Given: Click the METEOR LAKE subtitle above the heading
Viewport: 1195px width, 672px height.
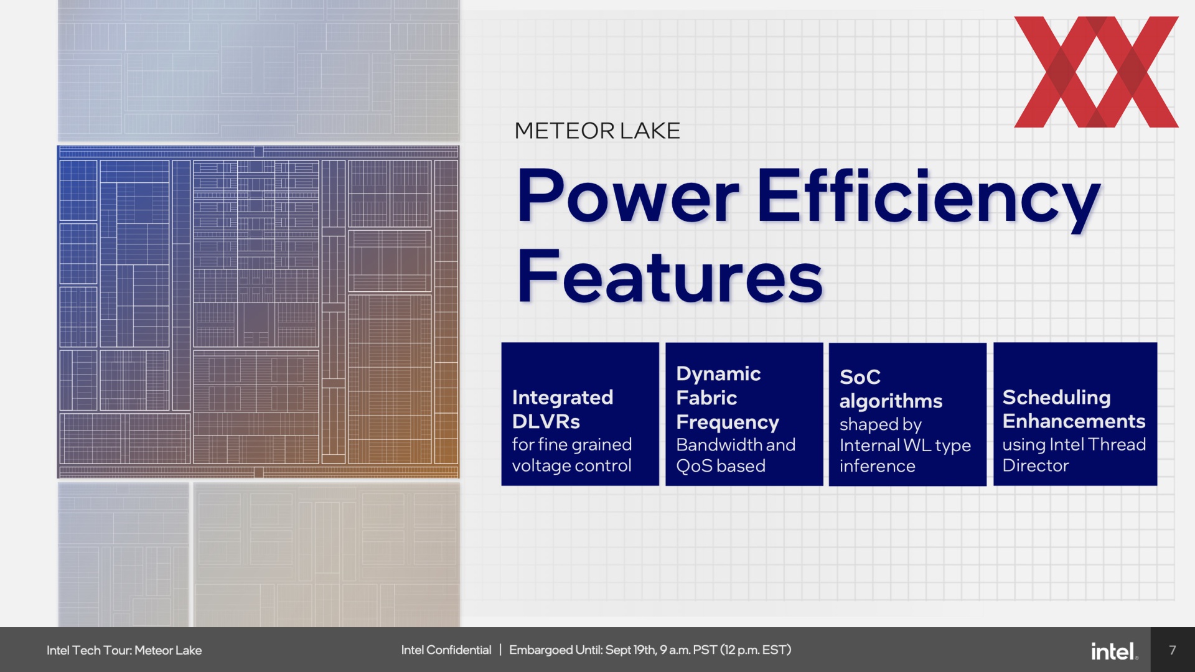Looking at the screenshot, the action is (597, 131).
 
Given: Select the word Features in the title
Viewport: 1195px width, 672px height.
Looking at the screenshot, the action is (670, 276).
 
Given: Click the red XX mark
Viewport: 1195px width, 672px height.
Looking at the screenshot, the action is (1096, 72).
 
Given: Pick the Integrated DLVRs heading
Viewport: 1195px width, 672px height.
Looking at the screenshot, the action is (563, 409).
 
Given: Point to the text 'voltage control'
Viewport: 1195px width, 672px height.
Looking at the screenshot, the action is (571, 465).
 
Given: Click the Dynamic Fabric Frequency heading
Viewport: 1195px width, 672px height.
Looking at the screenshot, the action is (728, 398).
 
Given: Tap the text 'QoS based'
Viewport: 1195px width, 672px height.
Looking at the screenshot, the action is (721, 466).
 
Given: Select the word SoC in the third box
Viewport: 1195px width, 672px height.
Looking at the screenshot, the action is (860, 376).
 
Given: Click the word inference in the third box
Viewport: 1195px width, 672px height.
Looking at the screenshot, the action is (877, 466).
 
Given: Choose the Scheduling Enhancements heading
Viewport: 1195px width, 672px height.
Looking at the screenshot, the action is (1074, 409).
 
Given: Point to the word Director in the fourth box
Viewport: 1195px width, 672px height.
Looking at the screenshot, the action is (1035, 465).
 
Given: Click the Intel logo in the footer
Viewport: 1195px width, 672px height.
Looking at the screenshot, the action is (1114, 651).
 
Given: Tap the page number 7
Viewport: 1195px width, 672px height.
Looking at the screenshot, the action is (1173, 650).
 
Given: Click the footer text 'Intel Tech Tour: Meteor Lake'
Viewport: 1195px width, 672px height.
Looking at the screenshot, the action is (124, 650).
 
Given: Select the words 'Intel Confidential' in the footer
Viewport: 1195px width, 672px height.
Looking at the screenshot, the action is (446, 650).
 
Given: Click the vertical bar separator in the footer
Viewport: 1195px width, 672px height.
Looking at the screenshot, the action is (500, 650).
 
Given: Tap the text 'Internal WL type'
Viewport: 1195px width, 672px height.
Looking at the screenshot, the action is (905, 445).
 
